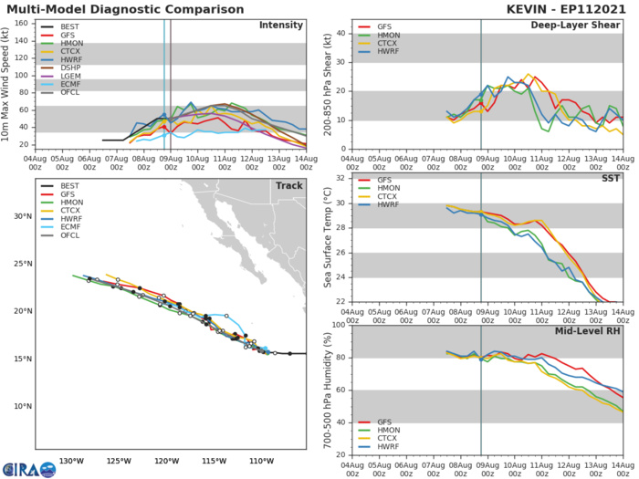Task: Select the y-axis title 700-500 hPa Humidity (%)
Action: tap(327, 390)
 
